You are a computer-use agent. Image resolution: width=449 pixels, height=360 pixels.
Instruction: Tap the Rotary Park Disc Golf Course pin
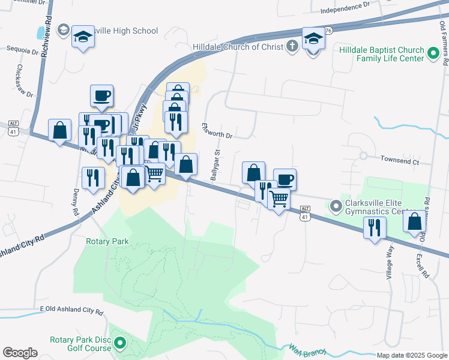[120, 343]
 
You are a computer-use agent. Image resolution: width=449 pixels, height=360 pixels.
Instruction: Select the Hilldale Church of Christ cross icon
[292, 47]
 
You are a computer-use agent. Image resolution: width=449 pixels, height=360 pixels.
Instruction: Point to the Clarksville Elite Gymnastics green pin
[336, 206]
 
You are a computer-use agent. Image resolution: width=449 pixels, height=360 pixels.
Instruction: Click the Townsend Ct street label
[400, 161]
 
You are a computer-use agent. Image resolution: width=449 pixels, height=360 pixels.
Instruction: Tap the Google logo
[20, 352]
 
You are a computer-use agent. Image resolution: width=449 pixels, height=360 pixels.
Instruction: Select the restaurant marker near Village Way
[375, 229]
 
